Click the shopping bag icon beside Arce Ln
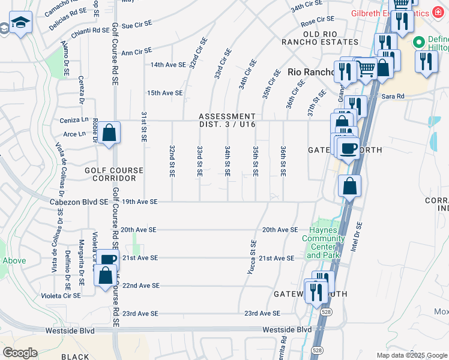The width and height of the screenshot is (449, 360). pos(109,132)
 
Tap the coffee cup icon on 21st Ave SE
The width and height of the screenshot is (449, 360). pos(108,260)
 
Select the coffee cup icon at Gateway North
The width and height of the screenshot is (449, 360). pos(348,148)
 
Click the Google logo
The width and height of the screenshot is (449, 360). pos(20,353)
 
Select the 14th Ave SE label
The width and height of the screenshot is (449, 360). pos(168,64)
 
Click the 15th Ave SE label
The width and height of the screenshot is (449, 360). pos(164,93)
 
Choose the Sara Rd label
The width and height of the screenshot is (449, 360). pos(393,96)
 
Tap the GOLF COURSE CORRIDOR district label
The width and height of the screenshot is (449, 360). pos(114,175)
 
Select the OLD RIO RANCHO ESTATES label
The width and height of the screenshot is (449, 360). pos(322,37)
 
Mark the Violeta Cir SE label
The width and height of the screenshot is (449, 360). pos(60,296)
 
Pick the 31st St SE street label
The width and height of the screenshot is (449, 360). pos(144,126)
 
